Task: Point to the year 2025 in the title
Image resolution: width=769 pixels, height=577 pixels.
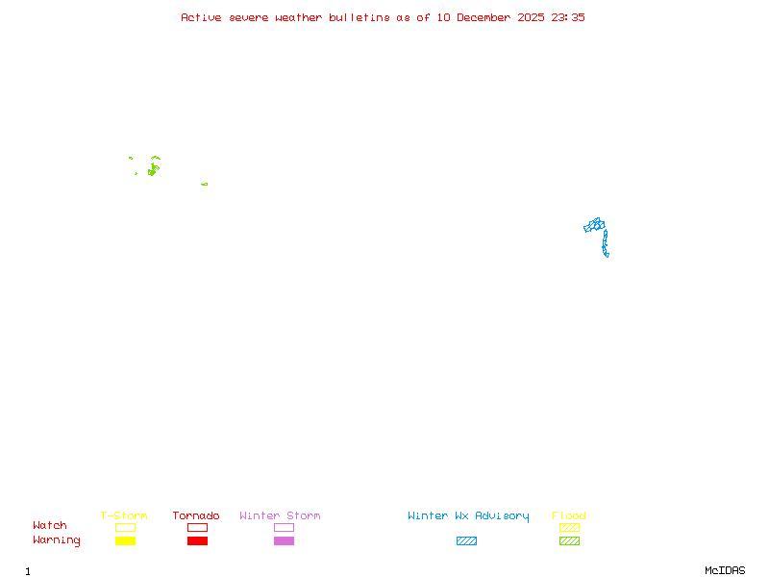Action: tap(531, 17)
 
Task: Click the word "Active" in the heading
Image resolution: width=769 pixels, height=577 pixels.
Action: tap(202, 17)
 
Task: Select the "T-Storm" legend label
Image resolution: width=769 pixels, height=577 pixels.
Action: tap(124, 516)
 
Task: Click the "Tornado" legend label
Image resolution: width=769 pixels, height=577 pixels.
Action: tap(196, 516)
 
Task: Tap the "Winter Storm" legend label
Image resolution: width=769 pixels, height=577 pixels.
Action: tap(280, 516)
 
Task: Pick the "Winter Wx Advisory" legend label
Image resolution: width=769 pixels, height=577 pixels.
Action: tap(468, 516)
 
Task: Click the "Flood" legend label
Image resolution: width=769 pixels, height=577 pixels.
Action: tap(569, 516)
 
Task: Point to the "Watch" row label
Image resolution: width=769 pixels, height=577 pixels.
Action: tap(50, 526)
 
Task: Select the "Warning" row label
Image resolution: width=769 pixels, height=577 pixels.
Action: tap(57, 540)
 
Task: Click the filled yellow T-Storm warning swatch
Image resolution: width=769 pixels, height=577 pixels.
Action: tap(125, 541)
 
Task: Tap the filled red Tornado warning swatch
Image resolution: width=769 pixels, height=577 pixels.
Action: tap(197, 541)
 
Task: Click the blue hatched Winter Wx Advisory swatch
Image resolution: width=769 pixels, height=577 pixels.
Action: tap(466, 541)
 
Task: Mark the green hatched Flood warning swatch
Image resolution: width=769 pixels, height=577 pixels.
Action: tap(569, 541)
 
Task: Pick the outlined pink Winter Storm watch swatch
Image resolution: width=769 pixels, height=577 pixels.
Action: tap(284, 528)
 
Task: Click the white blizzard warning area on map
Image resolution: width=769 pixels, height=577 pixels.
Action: tap(609, 255)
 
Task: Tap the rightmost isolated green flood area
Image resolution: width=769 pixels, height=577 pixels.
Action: tap(204, 184)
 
